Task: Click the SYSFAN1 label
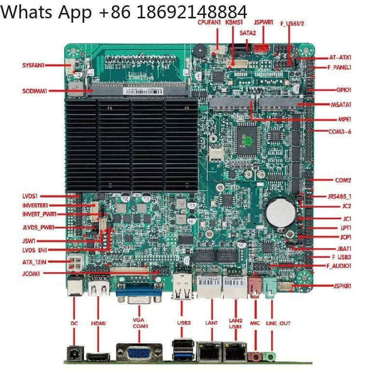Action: click(x=33, y=65)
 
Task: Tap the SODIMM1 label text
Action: click(x=35, y=91)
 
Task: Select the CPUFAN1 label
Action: click(x=209, y=22)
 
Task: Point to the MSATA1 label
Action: click(x=341, y=105)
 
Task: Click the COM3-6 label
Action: click(x=340, y=131)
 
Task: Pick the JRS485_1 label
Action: click(x=339, y=196)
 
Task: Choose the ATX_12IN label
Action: click(x=34, y=262)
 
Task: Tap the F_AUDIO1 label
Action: click(x=339, y=266)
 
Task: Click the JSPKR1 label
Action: click(x=342, y=286)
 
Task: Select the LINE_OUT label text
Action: click(x=279, y=323)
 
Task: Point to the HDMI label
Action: click(x=98, y=323)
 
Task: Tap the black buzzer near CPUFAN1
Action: click(x=199, y=50)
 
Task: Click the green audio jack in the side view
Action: click(x=269, y=357)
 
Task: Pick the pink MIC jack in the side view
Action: click(x=255, y=357)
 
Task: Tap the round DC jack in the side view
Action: click(x=75, y=354)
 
